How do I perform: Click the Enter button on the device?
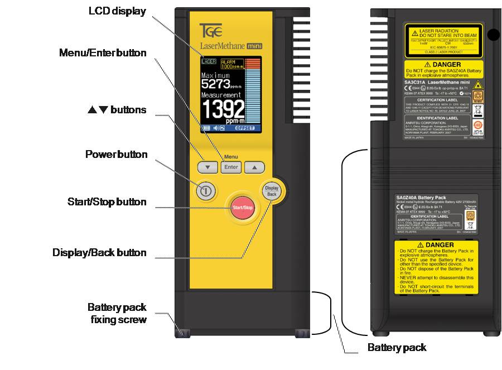[x=231, y=167]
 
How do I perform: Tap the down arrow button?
[x=207, y=167]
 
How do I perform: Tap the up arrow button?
[x=254, y=167]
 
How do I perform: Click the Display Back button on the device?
[x=272, y=191]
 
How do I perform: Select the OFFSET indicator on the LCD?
[x=244, y=128]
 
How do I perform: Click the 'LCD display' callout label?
[x=118, y=12]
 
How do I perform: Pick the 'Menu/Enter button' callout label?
[x=103, y=53]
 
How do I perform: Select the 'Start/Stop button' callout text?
[x=107, y=202]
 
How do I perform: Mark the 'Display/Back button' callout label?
[x=99, y=253]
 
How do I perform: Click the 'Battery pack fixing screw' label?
[x=117, y=313]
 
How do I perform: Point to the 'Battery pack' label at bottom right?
[x=397, y=348]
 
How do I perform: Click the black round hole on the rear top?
[x=493, y=35]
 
